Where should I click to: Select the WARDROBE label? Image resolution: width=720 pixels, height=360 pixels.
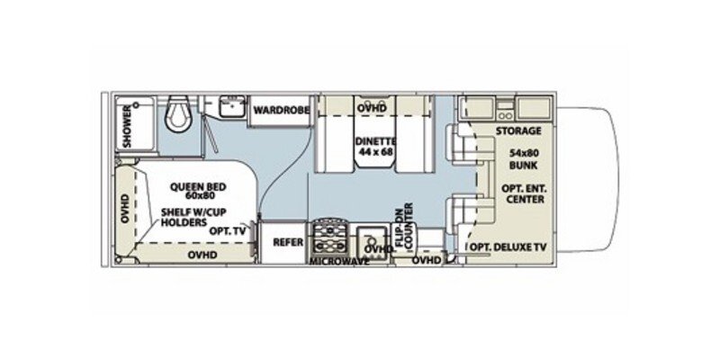point(280,110)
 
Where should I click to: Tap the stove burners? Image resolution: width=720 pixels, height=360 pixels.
point(329,238)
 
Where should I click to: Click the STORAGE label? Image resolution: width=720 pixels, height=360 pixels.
point(517,130)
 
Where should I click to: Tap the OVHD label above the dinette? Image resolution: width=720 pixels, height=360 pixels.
point(368,107)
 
